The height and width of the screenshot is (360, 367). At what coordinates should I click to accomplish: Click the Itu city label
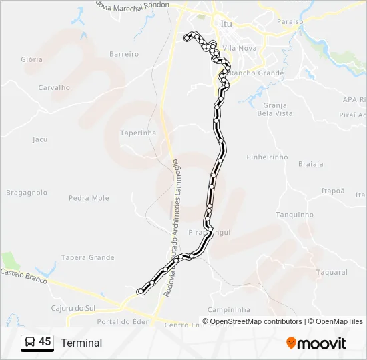(226, 24)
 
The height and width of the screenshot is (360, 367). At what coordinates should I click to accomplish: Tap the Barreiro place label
(123, 53)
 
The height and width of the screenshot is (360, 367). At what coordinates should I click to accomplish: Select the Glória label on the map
(31, 59)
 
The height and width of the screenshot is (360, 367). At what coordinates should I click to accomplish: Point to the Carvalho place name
(54, 87)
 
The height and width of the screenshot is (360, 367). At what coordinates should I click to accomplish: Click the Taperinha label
(138, 133)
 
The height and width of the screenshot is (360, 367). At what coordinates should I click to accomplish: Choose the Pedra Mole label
(89, 198)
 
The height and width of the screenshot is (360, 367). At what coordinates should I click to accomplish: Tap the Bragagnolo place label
(27, 193)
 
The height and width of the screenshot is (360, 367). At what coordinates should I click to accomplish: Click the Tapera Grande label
(87, 257)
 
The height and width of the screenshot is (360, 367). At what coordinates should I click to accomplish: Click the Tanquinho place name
(294, 215)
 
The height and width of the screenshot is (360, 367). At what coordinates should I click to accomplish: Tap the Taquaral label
(332, 272)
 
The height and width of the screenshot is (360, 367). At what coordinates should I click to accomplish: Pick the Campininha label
(228, 310)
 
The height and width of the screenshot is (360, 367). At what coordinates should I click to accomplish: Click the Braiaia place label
(310, 163)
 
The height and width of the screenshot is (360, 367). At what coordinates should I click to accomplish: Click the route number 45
(45, 342)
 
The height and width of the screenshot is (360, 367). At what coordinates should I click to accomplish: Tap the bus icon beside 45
(30, 343)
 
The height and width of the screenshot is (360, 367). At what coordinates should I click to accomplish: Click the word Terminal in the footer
(81, 343)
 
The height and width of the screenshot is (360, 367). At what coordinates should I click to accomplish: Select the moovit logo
(316, 343)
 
